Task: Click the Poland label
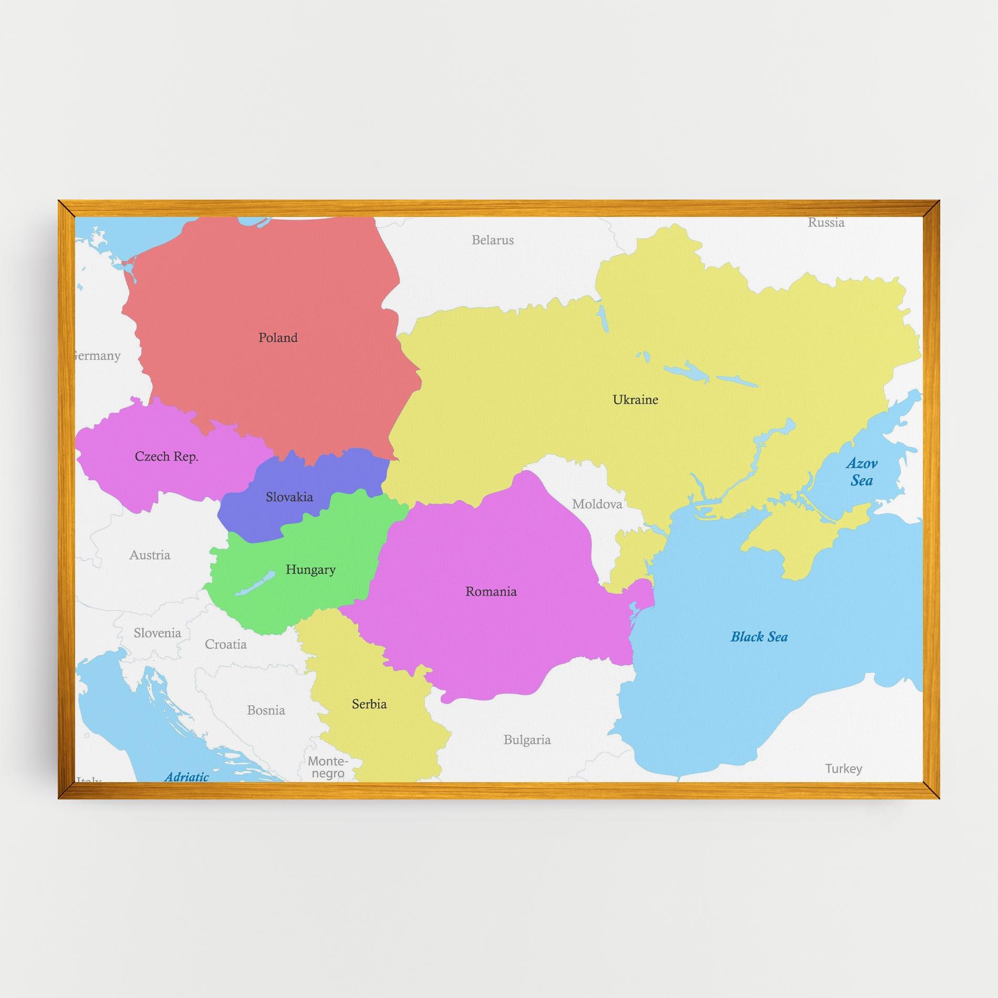click(x=278, y=338)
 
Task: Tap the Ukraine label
click(x=635, y=400)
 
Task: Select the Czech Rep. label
click(x=167, y=456)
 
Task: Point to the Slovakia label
click(x=289, y=497)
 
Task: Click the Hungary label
click(x=310, y=570)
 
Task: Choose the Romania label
click(x=491, y=592)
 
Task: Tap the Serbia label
click(x=369, y=704)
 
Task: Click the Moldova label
click(x=597, y=505)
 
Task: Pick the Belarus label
click(x=492, y=240)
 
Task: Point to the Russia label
click(x=826, y=223)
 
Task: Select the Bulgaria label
click(x=527, y=740)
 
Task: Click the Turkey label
click(x=844, y=769)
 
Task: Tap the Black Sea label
click(x=759, y=637)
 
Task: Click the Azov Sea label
click(x=861, y=472)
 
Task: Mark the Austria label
click(x=150, y=555)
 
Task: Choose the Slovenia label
click(x=157, y=633)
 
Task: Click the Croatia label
click(x=225, y=644)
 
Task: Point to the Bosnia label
click(x=266, y=711)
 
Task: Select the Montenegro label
click(x=328, y=767)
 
